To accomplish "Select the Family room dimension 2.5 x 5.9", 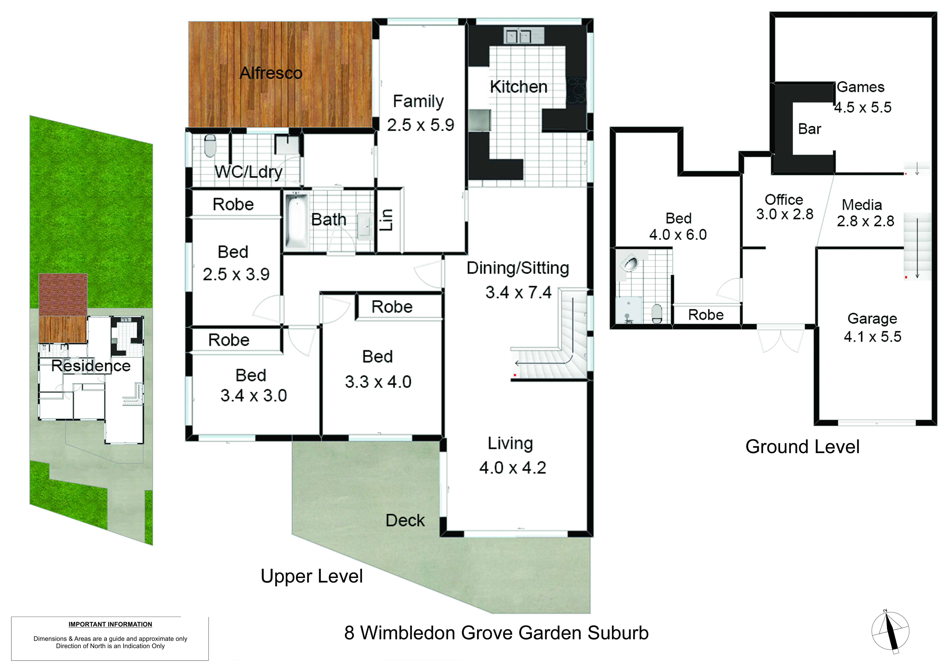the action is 420,125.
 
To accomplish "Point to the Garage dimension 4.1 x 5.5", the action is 872,336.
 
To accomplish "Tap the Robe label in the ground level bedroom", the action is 706,315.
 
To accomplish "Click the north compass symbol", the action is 890,631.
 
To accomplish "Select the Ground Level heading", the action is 802,447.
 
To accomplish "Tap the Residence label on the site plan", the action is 91,366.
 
